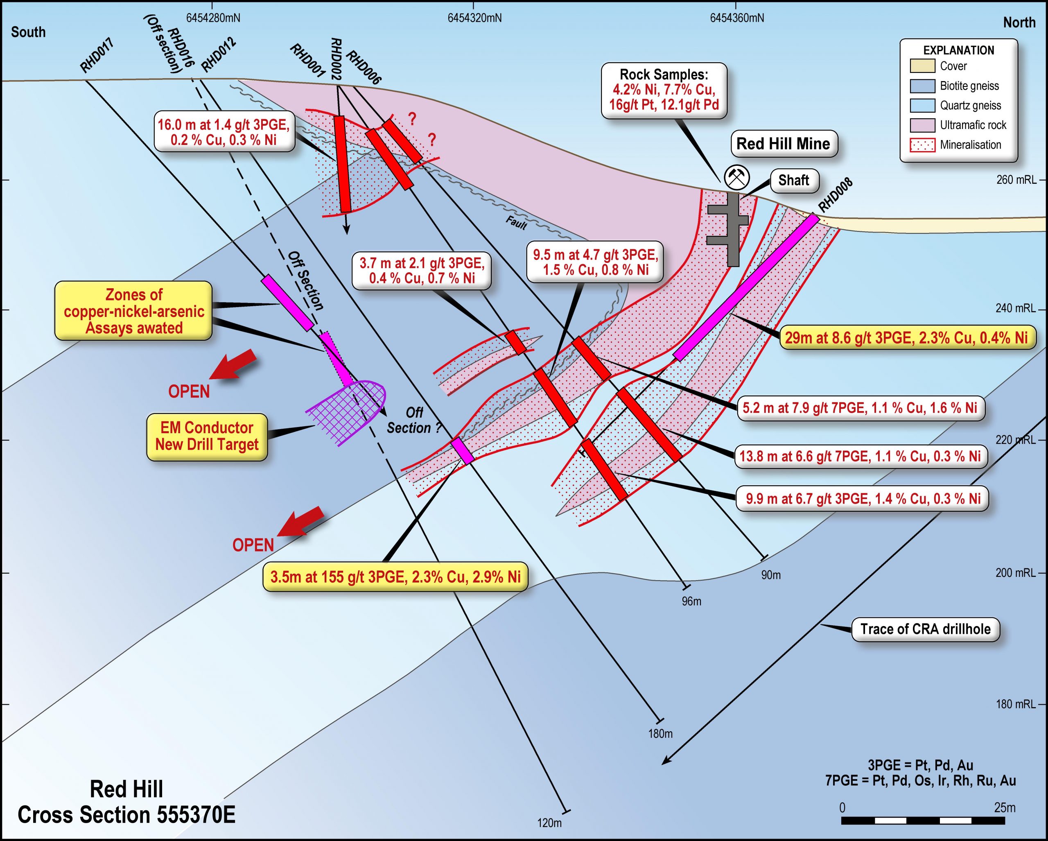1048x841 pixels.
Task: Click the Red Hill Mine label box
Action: [x=784, y=144]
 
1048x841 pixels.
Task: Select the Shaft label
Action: [x=794, y=180]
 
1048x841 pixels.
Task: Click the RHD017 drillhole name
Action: [x=97, y=56]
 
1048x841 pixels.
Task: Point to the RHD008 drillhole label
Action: [x=835, y=195]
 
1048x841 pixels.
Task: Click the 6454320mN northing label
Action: [x=474, y=18]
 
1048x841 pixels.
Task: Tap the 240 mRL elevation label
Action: [x=1015, y=308]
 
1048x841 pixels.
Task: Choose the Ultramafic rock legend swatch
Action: [x=922, y=125]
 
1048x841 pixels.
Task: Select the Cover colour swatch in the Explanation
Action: [x=922, y=66]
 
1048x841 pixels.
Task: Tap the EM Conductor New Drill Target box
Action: [x=207, y=436]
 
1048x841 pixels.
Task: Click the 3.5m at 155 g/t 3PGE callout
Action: [x=395, y=577]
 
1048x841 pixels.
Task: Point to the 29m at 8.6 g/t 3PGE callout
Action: [x=907, y=337]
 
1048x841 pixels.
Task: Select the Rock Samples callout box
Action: [x=664, y=90]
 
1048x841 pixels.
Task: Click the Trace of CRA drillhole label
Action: [x=926, y=630]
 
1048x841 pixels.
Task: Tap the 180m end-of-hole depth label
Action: [x=660, y=734]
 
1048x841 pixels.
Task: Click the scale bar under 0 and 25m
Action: [x=923, y=821]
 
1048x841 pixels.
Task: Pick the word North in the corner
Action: [x=1019, y=23]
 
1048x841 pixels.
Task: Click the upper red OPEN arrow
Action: [x=233, y=364]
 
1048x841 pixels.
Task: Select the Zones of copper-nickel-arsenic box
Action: [x=134, y=311]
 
